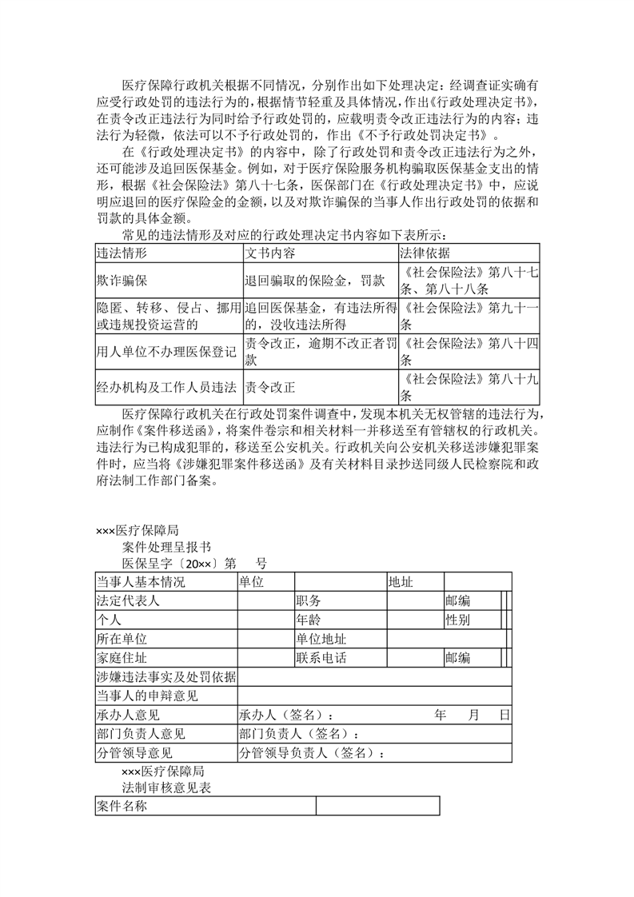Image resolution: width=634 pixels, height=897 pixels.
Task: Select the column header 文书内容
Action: tap(269, 253)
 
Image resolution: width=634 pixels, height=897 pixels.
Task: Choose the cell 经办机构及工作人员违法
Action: tap(166, 387)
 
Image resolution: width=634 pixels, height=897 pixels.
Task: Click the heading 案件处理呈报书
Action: tap(167, 547)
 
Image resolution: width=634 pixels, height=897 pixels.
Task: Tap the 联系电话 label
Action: tap(321, 658)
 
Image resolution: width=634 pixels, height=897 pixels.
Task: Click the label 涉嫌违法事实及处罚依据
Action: tap(165, 677)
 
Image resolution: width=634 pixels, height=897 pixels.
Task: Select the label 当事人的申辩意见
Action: tap(146, 696)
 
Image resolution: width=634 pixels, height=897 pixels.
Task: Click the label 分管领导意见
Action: tap(134, 752)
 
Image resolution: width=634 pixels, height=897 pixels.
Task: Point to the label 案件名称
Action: tap(121, 807)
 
